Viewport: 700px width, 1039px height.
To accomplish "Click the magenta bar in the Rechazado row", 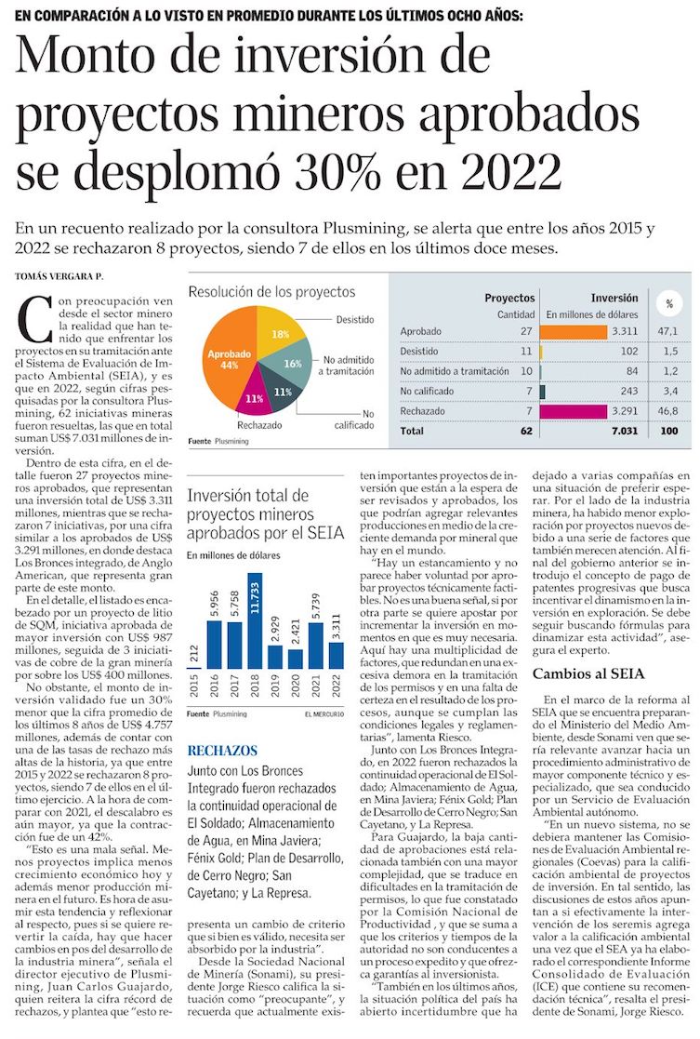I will point(572,410).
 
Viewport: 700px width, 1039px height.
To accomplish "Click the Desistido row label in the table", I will point(419,351).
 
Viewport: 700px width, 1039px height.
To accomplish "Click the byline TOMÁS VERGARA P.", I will point(58,276).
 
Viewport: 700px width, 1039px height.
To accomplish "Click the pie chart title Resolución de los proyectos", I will point(271,292).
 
